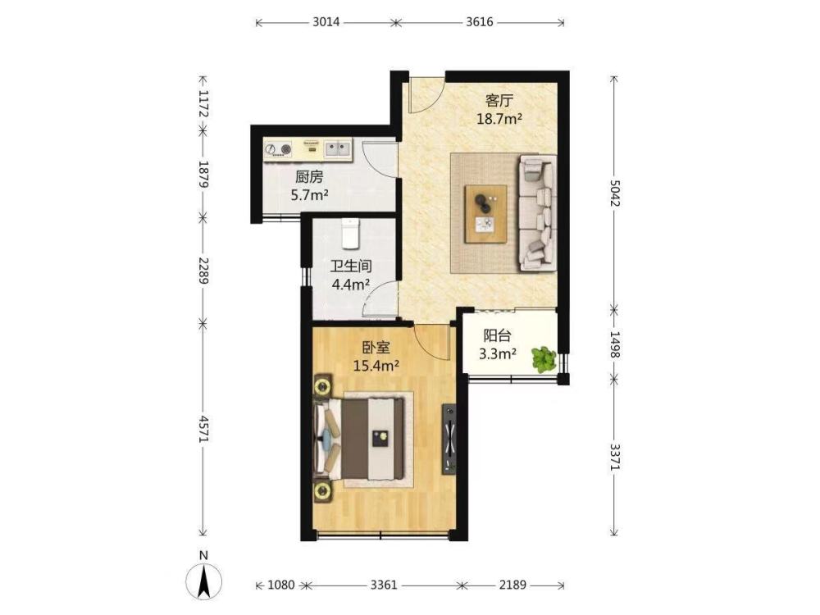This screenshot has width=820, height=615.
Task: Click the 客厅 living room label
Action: (x=499, y=100)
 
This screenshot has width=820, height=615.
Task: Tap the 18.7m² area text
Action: (x=499, y=119)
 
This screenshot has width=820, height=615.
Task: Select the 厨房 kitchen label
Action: (x=309, y=177)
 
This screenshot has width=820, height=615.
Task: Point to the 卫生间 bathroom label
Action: (x=351, y=266)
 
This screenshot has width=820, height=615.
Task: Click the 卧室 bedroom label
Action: (x=376, y=347)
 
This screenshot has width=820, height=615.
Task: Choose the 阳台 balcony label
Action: (x=497, y=335)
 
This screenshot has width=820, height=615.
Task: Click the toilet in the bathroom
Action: (x=350, y=234)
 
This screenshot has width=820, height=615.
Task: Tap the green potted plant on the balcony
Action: (x=544, y=359)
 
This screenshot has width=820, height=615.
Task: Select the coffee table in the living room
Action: (x=485, y=213)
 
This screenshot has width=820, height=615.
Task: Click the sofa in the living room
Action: (x=537, y=213)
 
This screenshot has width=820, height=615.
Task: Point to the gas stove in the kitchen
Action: (x=278, y=149)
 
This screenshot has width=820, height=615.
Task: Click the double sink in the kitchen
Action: (x=337, y=149)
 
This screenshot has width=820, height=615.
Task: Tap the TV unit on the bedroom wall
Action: (x=449, y=440)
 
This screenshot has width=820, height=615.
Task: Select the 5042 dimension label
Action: (x=614, y=193)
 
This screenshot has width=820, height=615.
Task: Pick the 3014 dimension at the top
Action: (x=326, y=22)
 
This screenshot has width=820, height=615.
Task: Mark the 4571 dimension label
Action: (x=203, y=430)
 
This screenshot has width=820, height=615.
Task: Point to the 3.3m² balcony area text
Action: (x=498, y=354)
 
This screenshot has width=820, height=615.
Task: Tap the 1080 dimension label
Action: (x=281, y=585)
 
